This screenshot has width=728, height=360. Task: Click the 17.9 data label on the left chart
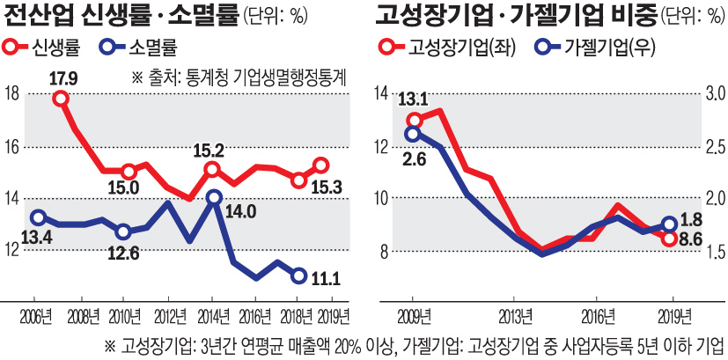[64, 79]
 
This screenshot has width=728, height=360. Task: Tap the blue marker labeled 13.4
[37, 217]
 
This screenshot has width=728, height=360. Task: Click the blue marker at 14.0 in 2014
[213, 198]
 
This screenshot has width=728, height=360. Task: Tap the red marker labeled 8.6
[669, 239]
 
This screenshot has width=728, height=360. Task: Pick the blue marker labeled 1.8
[669, 224]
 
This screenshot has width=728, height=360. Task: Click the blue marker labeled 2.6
[413, 134]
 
